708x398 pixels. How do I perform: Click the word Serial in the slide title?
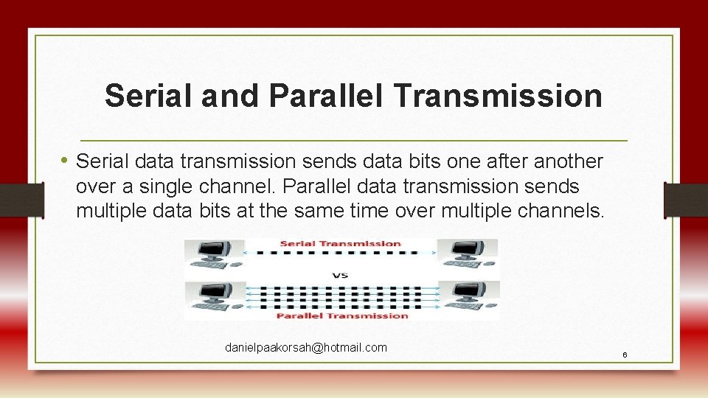click(x=145, y=96)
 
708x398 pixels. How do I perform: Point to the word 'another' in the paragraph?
click(x=568, y=161)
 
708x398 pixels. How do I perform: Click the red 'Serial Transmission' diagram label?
click(x=340, y=243)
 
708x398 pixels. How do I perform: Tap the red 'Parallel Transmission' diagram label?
click(x=341, y=315)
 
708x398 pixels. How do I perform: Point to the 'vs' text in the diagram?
click(x=340, y=276)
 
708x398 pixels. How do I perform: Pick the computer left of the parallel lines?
click(x=212, y=297)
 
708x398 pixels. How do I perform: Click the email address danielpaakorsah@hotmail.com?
click(x=305, y=347)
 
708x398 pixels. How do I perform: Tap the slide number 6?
click(x=625, y=355)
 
